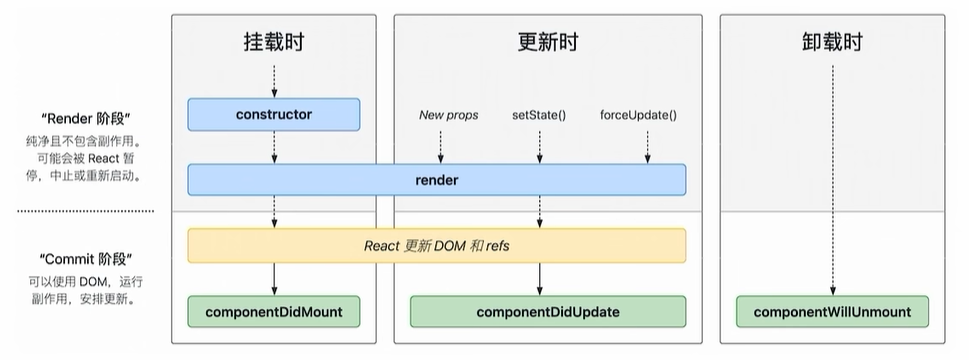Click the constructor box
pos(274,115)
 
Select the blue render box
pos(436,180)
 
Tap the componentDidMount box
pos(274,312)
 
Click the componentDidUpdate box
pos(547,312)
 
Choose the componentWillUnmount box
pos(831,312)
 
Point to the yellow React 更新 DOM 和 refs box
pos(436,245)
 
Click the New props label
pos(448,115)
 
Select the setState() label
pos(539,115)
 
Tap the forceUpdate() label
pos(638,115)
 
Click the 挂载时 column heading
pos(274,43)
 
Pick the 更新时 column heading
pos(547,43)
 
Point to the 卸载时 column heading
pos(831,43)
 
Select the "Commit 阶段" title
pos(85,258)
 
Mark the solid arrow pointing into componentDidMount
pos(274,279)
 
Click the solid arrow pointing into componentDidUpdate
pos(540,279)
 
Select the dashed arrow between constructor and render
pos(274,147)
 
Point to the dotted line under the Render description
pos(85,211)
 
